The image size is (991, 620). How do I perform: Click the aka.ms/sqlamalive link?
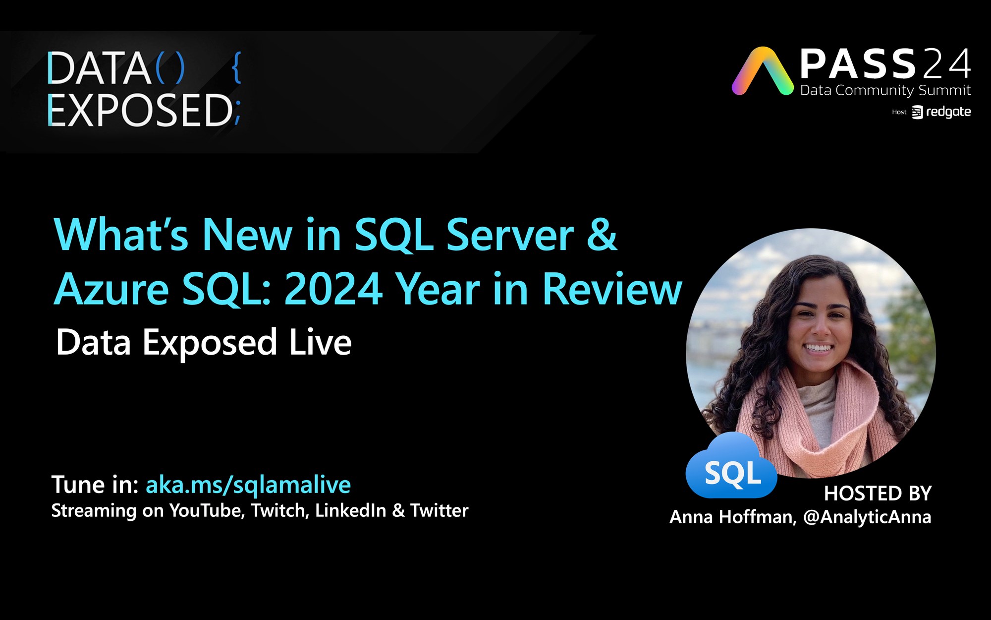pyautogui.click(x=248, y=485)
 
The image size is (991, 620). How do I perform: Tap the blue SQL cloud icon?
pyautogui.click(x=731, y=466)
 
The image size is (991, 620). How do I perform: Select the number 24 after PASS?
pyautogui.click(x=946, y=64)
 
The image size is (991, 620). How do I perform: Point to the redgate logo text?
pyautogui.click(x=948, y=112)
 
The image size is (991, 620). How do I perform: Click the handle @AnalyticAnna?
pyautogui.click(x=867, y=517)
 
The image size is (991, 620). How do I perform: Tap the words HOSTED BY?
pyautogui.click(x=878, y=494)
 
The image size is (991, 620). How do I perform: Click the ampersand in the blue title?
pyautogui.click(x=602, y=235)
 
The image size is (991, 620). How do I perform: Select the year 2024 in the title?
pyautogui.click(x=333, y=289)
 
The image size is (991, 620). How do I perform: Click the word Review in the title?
pyautogui.click(x=612, y=289)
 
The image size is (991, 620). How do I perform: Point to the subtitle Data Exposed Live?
pyautogui.click(x=204, y=343)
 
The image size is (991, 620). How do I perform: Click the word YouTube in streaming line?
pyautogui.click(x=207, y=510)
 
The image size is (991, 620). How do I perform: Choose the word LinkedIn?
pyautogui.click(x=350, y=510)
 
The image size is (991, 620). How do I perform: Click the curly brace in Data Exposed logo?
pyautogui.click(x=237, y=67)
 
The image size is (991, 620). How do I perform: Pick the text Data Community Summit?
pyautogui.click(x=885, y=90)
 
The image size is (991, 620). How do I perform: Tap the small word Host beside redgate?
pyautogui.click(x=899, y=112)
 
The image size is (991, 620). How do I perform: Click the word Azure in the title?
pyautogui.click(x=111, y=289)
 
